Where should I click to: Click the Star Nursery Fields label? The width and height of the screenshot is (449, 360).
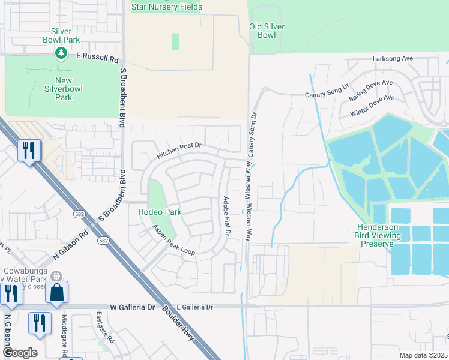[x=167, y=7]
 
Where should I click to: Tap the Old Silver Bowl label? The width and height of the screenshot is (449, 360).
[x=267, y=31]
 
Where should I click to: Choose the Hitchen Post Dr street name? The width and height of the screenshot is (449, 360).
[x=179, y=151]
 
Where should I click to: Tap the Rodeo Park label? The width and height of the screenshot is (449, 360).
[x=160, y=212]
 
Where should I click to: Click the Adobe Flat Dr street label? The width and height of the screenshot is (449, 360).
[x=226, y=215]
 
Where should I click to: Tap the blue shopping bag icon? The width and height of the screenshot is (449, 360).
[x=56, y=292]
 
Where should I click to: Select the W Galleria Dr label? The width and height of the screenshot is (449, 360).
[x=132, y=307]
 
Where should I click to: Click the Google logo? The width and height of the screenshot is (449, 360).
[x=20, y=353]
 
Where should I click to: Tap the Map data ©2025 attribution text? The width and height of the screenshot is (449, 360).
[x=423, y=355]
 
